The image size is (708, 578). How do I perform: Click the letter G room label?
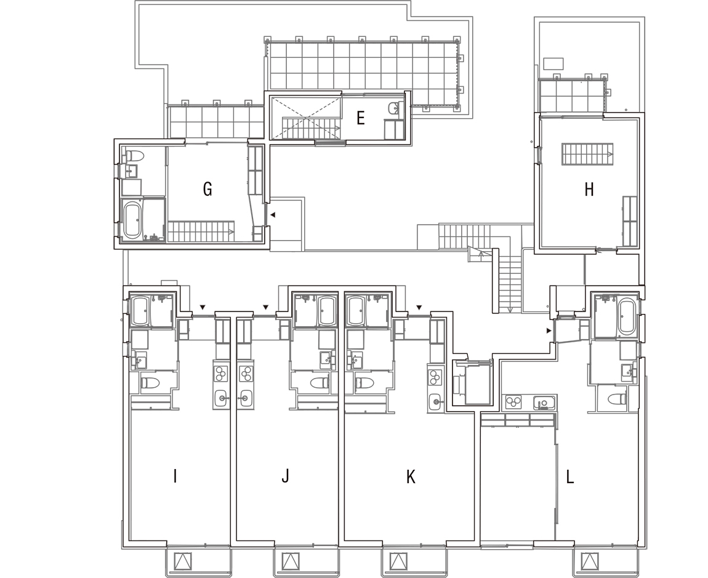[x=207, y=189]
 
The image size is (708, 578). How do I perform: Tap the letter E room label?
[x=360, y=118]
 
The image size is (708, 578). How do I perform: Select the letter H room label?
[x=589, y=190]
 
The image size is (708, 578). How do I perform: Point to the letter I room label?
[x=175, y=476]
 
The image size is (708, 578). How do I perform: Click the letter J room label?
[x=285, y=476]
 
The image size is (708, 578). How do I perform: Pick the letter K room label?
[x=411, y=476]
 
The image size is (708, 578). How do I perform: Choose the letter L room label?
[x=570, y=476]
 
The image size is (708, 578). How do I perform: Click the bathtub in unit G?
[x=133, y=220]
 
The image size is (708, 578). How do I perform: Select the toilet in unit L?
[x=617, y=399]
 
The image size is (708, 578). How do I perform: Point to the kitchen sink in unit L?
[x=544, y=402]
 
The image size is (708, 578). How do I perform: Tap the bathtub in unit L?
[x=627, y=316]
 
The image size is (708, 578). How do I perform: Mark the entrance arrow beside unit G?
[x=272, y=215]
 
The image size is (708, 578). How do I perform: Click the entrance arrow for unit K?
[x=419, y=307]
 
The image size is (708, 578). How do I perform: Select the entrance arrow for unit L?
[x=549, y=331]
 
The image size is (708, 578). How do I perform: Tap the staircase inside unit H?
[x=587, y=154]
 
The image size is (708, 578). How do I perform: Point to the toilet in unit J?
[x=320, y=383]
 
